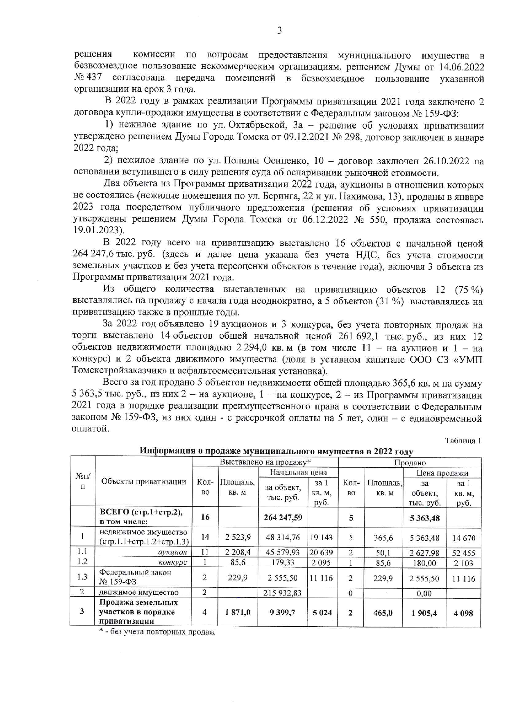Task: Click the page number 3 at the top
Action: [279, 31]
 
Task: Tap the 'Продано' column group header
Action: [410, 462]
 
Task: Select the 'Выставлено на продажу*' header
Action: [265, 462]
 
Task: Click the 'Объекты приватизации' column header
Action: [143, 482]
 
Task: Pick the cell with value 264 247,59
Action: [283, 517]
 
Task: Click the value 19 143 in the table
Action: [321, 537]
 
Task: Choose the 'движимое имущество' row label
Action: [138, 592]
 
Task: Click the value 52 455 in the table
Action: [463, 553]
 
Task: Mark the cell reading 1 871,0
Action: [238, 612]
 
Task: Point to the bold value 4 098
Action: [463, 613]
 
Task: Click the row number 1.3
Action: [82, 577]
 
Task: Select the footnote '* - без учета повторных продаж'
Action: [157, 632]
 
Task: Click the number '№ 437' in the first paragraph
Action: [88, 78]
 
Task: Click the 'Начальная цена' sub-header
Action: [298, 473]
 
